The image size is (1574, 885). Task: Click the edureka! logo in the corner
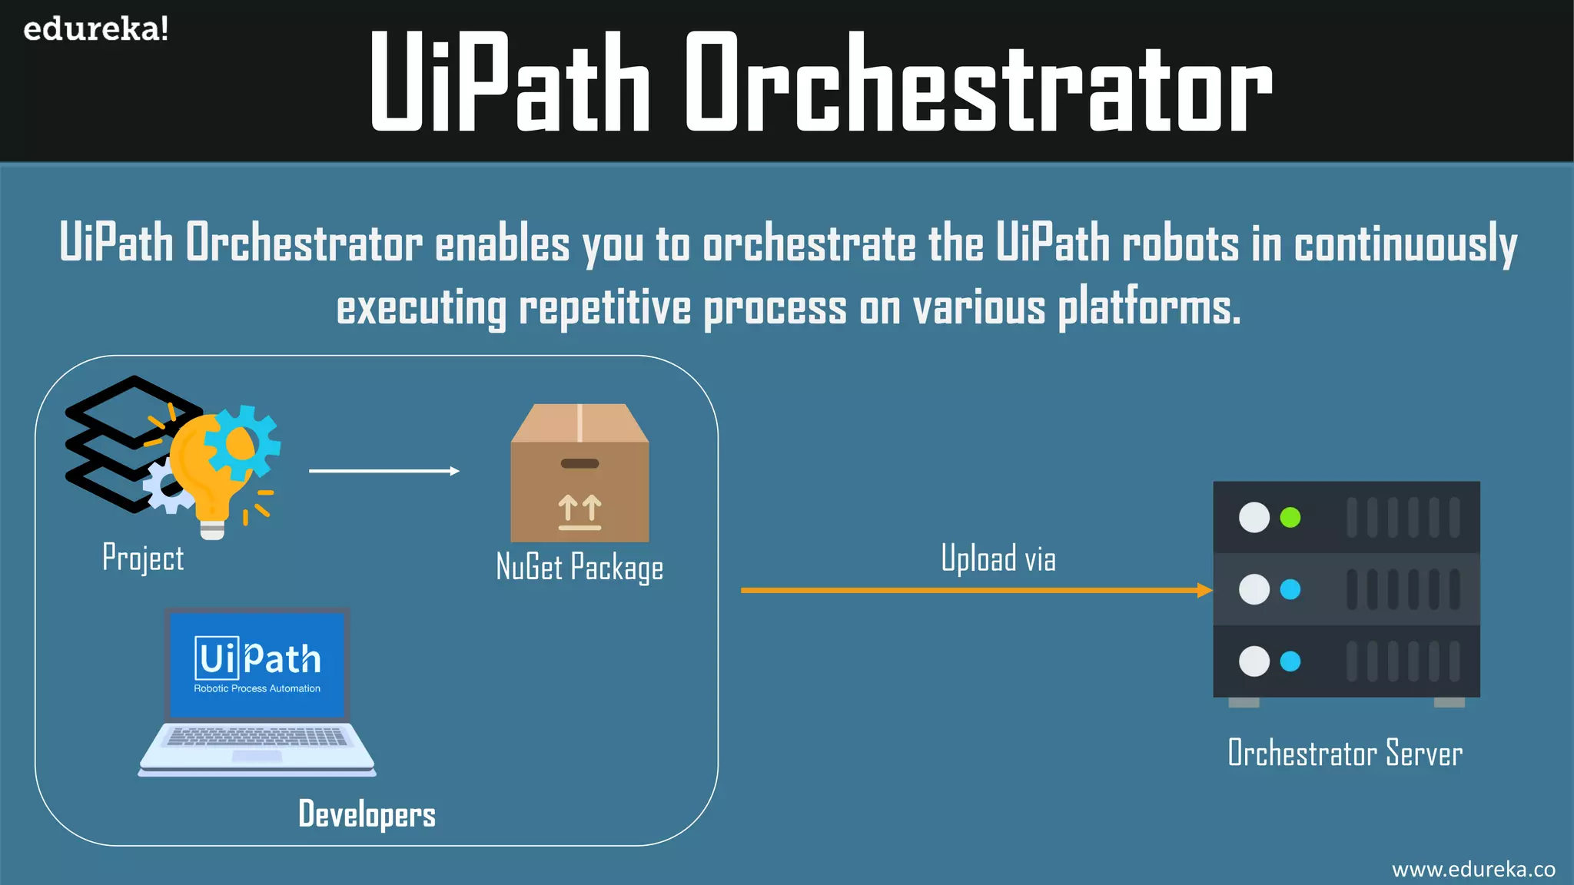click(x=95, y=29)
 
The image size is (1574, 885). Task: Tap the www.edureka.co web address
click(x=1473, y=869)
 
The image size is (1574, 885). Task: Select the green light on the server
click(x=1290, y=517)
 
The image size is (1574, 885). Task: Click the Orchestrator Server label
click(x=1345, y=753)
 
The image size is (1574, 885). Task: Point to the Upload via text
click(x=998, y=559)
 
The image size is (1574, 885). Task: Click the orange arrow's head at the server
click(x=1205, y=590)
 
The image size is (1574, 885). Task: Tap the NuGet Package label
click(x=579, y=568)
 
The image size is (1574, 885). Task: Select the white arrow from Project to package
click(x=384, y=471)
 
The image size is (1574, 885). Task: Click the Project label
click(x=143, y=558)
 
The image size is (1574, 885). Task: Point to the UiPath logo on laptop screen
click(x=257, y=659)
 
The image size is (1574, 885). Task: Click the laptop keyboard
click(x=257, y=737)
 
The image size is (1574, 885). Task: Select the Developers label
click(x=367, y=814)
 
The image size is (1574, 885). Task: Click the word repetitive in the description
click(x=605, y=307)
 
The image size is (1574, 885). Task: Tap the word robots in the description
click(x=1180, y=244)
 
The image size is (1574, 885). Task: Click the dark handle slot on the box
click(x=579, y=463)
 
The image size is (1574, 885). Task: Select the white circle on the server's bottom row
click(x=1254, y=661)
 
